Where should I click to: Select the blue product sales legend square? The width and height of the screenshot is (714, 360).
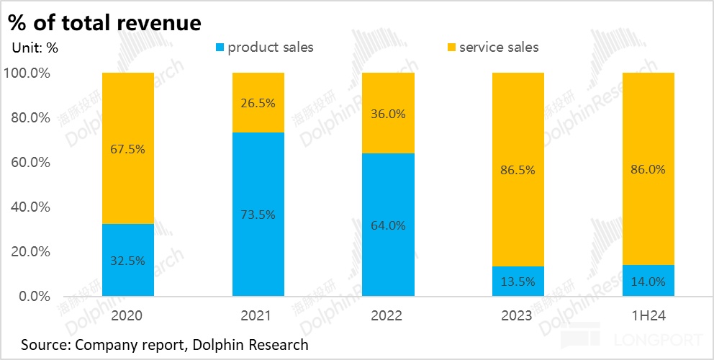[x=220, y=48]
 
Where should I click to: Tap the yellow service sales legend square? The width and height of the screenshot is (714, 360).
[x=451, y=48]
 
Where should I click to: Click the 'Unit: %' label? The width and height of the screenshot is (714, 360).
[x=35, y=48]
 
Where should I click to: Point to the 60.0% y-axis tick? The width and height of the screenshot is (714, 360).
[x=27, y=163]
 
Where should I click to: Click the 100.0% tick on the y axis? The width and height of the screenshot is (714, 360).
[x=27, y=73]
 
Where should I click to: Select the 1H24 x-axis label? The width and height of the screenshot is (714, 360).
[x=648, y=315]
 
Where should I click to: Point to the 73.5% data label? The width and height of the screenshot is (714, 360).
[x=258, y=215]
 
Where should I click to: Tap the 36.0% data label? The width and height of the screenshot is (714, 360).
[x=388, y=114]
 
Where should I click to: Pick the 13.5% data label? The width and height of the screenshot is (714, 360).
[x=518, y=282]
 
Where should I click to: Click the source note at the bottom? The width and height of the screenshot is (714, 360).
[x=164, y=345]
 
